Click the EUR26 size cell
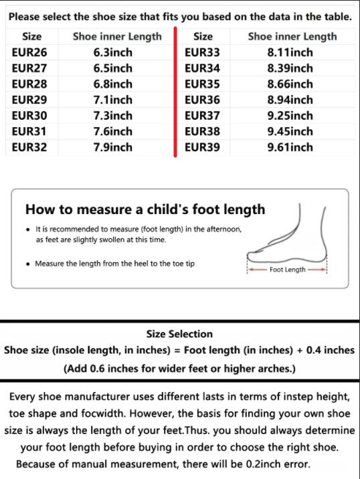pyautogui.click(x=29, y=52)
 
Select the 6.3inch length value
pyautogui.click(x=113, y=52)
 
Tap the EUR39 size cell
pyautogui.click(x=202, y=147)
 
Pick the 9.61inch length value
pyautogui.click(x=290, y=147)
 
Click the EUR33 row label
pyautogui.click(x=202, y=52)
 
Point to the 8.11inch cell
pyautogui.click(x=290, y=52)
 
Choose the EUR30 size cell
pyautogui.click(x=29, y=116)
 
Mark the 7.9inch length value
pyautogui.click(x=113, y=147)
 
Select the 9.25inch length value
pyautogui.click(x=290, y=116)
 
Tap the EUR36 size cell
pyautogui.click(x=202, y=100)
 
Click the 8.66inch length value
pyautogui.click(x=290, y=84)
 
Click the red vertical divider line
pyautogui.click(x=175, y=94)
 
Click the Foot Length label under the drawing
pyautogui.click(x=287, y=270)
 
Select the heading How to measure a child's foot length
pyautogui.click(x=145, y=209)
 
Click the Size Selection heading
pyautogui.click(x=179, y=334)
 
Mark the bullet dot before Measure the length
pyautogui.click(x=27, y=264)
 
